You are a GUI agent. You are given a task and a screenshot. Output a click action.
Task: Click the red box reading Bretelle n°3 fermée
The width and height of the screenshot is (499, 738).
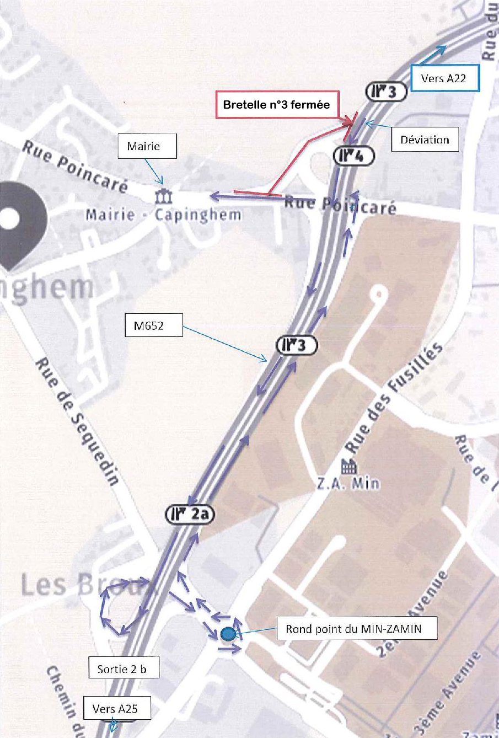click(x=276, y=104)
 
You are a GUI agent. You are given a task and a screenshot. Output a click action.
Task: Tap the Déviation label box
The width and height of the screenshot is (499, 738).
click(x=425, y=140)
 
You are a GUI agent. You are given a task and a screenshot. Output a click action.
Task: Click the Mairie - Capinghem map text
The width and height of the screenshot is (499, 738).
click(x=163, y=214)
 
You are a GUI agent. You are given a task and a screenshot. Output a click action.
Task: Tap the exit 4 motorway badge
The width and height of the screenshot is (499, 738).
click(x=354, y=156)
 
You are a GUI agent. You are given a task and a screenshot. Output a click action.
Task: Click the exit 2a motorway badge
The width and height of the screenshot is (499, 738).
click(x=190, y=515)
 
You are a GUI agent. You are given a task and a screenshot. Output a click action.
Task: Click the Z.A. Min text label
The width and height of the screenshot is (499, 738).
click(x=348, y=484)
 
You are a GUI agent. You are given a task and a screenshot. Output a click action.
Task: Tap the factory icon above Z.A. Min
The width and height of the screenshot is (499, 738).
click(x=348, y=467)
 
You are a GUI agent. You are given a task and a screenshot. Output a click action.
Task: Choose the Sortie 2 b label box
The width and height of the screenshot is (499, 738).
click(x=125, y=669)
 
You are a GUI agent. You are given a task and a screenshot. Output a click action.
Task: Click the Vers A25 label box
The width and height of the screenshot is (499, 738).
click(x=117, y=709)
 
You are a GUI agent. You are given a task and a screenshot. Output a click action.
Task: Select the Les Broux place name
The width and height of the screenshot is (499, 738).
click(x=80, y=585)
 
